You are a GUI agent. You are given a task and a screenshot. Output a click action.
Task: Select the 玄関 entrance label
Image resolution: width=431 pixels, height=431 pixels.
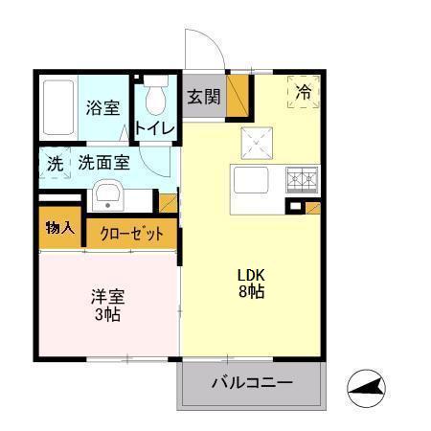point(203,97)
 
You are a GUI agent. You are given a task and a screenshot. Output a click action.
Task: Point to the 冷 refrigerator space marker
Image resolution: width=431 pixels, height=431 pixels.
point(304,93)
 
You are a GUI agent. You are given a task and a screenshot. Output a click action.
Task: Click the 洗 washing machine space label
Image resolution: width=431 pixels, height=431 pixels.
point(55,163)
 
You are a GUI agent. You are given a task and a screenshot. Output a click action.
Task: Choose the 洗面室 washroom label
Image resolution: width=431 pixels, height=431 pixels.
point(104,162)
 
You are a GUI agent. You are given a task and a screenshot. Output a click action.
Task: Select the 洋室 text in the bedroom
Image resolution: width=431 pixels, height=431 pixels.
point(106,297)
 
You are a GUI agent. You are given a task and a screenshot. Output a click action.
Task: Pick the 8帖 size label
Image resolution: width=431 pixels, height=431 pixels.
point(252,292)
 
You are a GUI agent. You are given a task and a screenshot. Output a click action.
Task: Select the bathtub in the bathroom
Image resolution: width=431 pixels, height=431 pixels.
point(57,106)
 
